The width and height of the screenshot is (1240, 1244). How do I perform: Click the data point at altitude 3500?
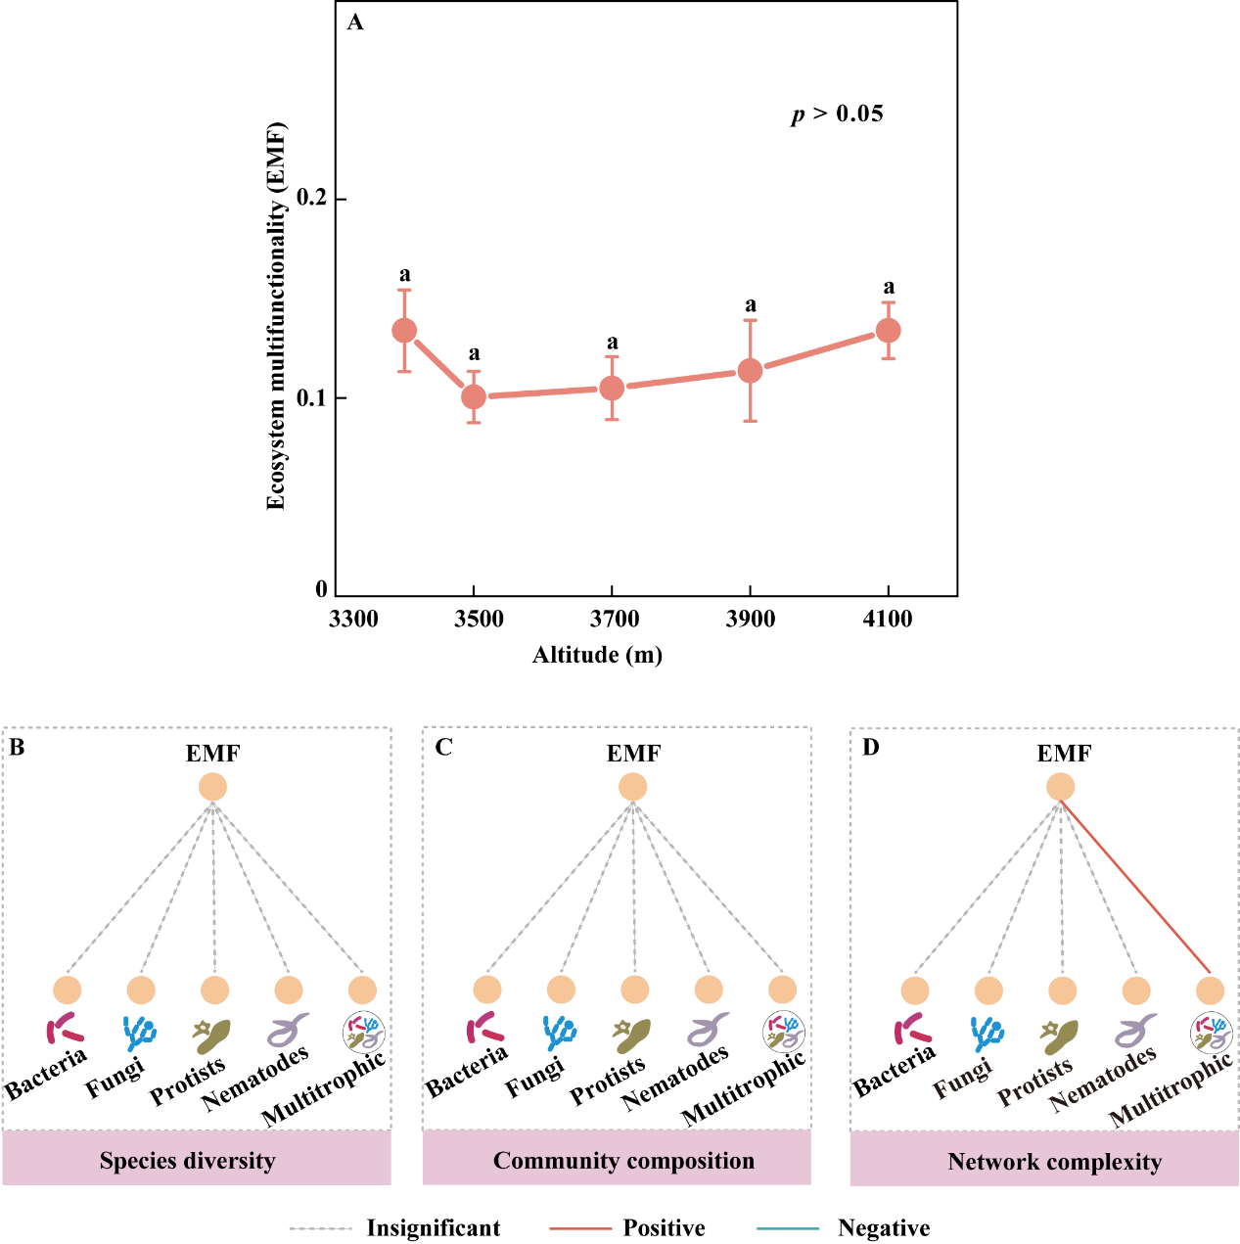tap(474, 396)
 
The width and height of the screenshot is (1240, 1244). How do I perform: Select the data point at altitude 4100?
tap(888, 331)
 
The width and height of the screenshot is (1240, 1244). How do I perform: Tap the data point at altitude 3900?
tap(750, 371)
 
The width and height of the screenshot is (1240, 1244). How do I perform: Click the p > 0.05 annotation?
tap(837, 115)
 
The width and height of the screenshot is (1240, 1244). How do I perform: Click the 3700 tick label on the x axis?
tap(612, 620)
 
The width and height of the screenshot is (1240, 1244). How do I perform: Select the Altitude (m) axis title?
tap(597, 655)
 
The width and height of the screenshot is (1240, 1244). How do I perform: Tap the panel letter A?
tap(355, 23)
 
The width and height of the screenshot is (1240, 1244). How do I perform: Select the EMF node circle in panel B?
tap(212, 787)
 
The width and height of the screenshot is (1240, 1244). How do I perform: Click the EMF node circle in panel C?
tap(633, 787)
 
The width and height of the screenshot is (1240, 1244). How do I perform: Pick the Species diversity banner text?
tap(187, 1161)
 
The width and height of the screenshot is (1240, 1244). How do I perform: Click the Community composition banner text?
tap(623, 1161)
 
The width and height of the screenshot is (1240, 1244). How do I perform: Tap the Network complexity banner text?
tap(1054, 1162)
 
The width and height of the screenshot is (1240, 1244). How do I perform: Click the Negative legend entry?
tap(883, 1228)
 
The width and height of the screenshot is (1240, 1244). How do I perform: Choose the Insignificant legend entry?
tap(433, 1228)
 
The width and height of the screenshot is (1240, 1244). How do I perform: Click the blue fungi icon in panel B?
tap(139, 1032)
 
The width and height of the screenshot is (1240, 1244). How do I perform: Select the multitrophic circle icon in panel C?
tap(784, 1031)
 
